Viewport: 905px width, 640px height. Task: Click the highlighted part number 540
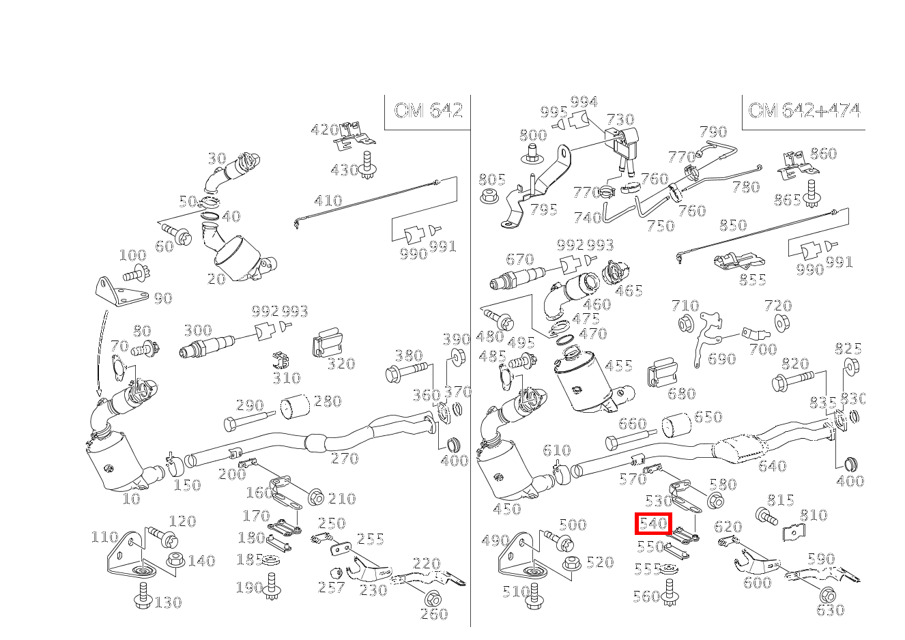653,524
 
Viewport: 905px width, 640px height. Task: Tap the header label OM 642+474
804,111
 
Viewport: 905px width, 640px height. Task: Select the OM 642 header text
428,111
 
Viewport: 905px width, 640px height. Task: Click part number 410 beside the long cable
328,201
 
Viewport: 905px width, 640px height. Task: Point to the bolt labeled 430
367,166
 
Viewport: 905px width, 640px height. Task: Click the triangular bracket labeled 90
120,291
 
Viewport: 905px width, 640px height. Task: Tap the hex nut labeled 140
176,559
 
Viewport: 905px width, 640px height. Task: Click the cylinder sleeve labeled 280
295,407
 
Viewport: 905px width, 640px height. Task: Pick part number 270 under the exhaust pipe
345,459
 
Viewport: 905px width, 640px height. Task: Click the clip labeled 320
327,343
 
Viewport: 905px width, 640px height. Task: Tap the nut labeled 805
489,196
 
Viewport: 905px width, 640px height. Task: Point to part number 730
620,119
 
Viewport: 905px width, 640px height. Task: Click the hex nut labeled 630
827,596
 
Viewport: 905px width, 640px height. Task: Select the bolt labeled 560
670,593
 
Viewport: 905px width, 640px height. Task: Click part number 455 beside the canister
618,366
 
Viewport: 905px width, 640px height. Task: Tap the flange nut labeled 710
686,323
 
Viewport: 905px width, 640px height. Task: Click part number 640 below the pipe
772,466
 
